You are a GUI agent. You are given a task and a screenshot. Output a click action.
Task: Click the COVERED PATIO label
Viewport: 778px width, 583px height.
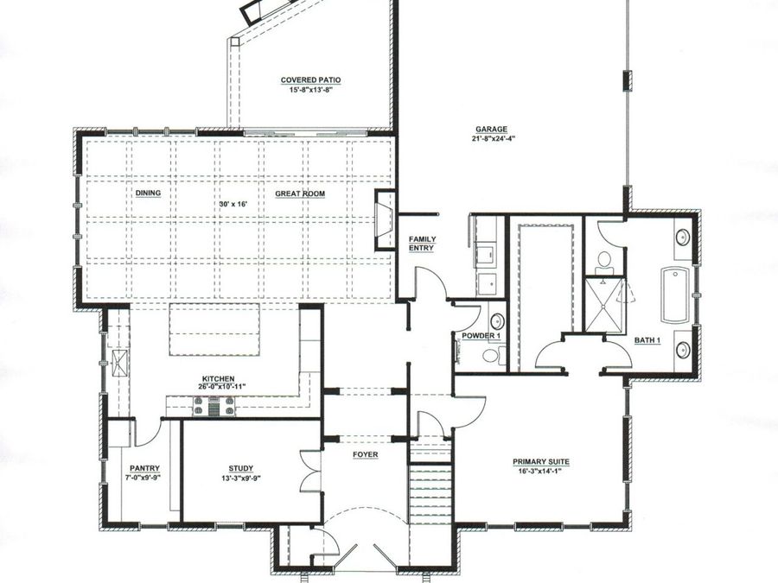coord(310,79)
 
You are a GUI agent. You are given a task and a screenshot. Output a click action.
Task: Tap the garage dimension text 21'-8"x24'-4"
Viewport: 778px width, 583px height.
coord(490,138)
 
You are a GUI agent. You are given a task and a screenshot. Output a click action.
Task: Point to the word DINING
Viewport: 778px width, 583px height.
coord(148,193)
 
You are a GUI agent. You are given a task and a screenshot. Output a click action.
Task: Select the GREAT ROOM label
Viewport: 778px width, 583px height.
coord(300,193)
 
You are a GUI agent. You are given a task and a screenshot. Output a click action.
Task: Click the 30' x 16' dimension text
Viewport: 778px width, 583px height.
coord(233,204)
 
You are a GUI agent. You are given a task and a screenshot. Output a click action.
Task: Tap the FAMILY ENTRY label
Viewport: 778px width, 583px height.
coord(423,244)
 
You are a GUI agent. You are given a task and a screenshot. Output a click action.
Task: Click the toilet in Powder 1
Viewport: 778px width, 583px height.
coord(490,355)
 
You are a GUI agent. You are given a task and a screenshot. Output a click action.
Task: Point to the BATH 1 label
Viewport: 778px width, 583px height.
coord(647,340)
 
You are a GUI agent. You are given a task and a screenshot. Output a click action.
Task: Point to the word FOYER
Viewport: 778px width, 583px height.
coord(364,453)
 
